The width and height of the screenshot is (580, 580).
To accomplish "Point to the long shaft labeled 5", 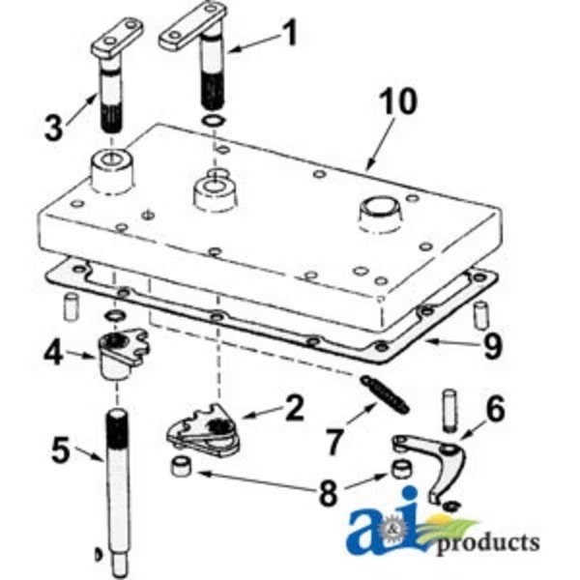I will pyautogui.click(x=122, y=483).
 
